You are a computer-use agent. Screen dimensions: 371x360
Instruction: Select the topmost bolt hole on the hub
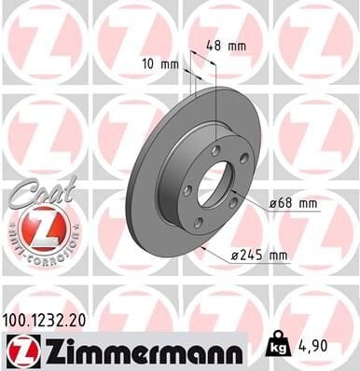point(215,149)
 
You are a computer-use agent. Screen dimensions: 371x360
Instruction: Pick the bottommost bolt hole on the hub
point(198,221)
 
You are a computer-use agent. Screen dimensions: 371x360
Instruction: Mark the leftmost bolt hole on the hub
point(187,189)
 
